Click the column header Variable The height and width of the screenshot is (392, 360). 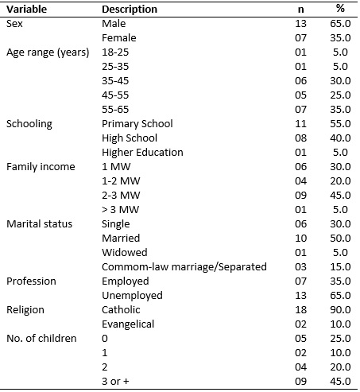pyautogui.click(x=26, y=10)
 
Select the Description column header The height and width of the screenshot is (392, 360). pyautogui.click(x=130, y=10)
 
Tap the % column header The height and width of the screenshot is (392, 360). pyautogui.click(x=340, y=9)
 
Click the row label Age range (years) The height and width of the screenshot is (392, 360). pyautogui.click(x=48, y=52)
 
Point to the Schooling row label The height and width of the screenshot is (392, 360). pyautogui.click(x=29, y=124)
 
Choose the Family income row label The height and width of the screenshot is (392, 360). pyautogui.click(x=41, y=167)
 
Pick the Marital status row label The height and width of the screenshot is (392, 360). pyautogui.click(x=39, y=224)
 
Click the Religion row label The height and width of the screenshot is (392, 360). pyautogui.click(x=25, y=310)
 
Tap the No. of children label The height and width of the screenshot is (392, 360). pyautogui.click(x=41, y=339)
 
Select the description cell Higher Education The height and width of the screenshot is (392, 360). pyautogui.click(x=142, y=153)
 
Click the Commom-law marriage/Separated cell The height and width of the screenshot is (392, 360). pyautogui.click(x=184, y=267)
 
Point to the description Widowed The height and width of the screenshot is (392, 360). pyautogui.click(x=125, y=253)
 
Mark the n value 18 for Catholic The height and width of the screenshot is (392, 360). pyautogui.click(x=300, y=310)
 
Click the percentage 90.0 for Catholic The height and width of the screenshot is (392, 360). pyautogui.click(x=340, y=310)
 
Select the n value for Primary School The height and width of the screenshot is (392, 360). pyautogui.click(x=300, y=124)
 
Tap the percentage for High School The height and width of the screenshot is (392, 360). pyautogui.click(x=340, y=138)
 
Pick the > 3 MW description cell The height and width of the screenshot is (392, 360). pyautogui.click(x=120, y=210)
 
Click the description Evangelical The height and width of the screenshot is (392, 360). pyautogui.click(x=128, y=324)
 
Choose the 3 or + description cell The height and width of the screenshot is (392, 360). pyautogui.click(x=115, y=382)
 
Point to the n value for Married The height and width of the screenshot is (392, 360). pyautogui.click(x=300, y=239)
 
